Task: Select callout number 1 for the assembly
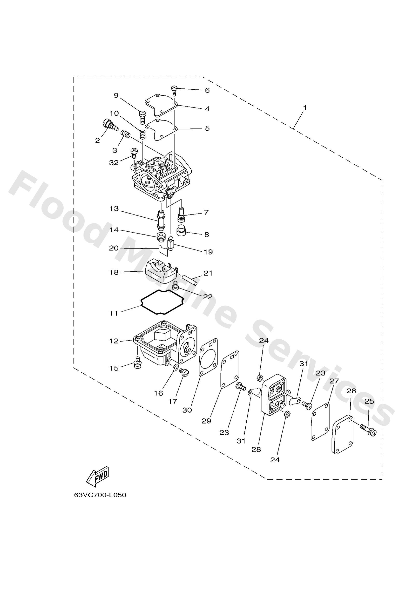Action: click(304, 108)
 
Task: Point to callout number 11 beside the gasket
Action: click(114, 313)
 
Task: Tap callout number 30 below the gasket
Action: click(187, 410)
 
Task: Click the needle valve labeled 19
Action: click(171, 244)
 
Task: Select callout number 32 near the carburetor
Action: click(114, 163)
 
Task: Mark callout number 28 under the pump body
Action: click(257, 449)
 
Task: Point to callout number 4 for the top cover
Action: click(207, 109)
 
